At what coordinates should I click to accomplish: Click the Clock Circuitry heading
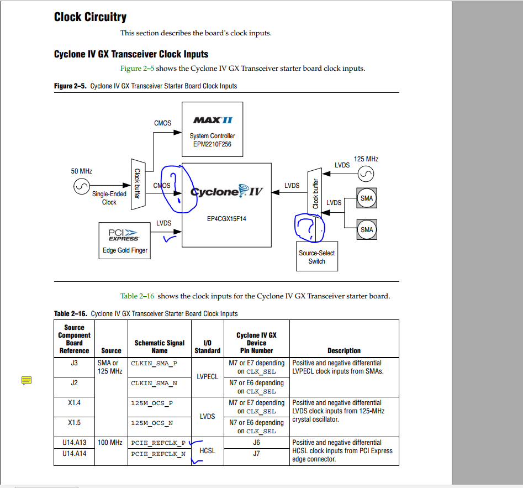(90, 17)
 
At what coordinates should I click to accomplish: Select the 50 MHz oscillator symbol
(81, 188)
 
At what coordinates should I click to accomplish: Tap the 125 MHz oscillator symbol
(366, 175)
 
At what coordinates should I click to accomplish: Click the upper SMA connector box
(366, 198)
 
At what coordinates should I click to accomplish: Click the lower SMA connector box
(366, 229)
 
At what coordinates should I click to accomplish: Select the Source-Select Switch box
(316, 257)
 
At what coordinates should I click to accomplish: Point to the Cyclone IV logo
(226, 192)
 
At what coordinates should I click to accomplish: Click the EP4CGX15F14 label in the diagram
(226, 219)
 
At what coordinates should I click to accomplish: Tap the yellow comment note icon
(27, 380)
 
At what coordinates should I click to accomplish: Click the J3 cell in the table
(74, 363)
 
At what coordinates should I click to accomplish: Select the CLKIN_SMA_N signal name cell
(154, 383)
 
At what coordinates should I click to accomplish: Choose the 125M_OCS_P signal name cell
(152, 403)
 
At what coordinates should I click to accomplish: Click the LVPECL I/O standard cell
(208, 377)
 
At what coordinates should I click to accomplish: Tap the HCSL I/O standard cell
(208, 451)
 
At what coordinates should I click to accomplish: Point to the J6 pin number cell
(256, 443)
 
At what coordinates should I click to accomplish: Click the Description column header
(344, 350)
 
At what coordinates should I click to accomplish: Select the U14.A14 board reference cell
(74, 453)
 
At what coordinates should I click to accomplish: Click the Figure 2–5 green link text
(137, 69)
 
